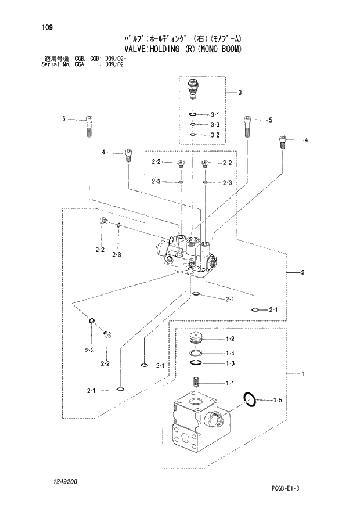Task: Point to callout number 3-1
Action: tap(215, 114)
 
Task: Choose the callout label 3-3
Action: tap(215, 125)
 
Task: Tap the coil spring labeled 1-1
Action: tap(196, 384)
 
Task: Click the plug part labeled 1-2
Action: tap(196, 338)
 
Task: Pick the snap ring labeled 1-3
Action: tap(196, 363)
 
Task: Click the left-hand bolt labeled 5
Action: tap(89, 125)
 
